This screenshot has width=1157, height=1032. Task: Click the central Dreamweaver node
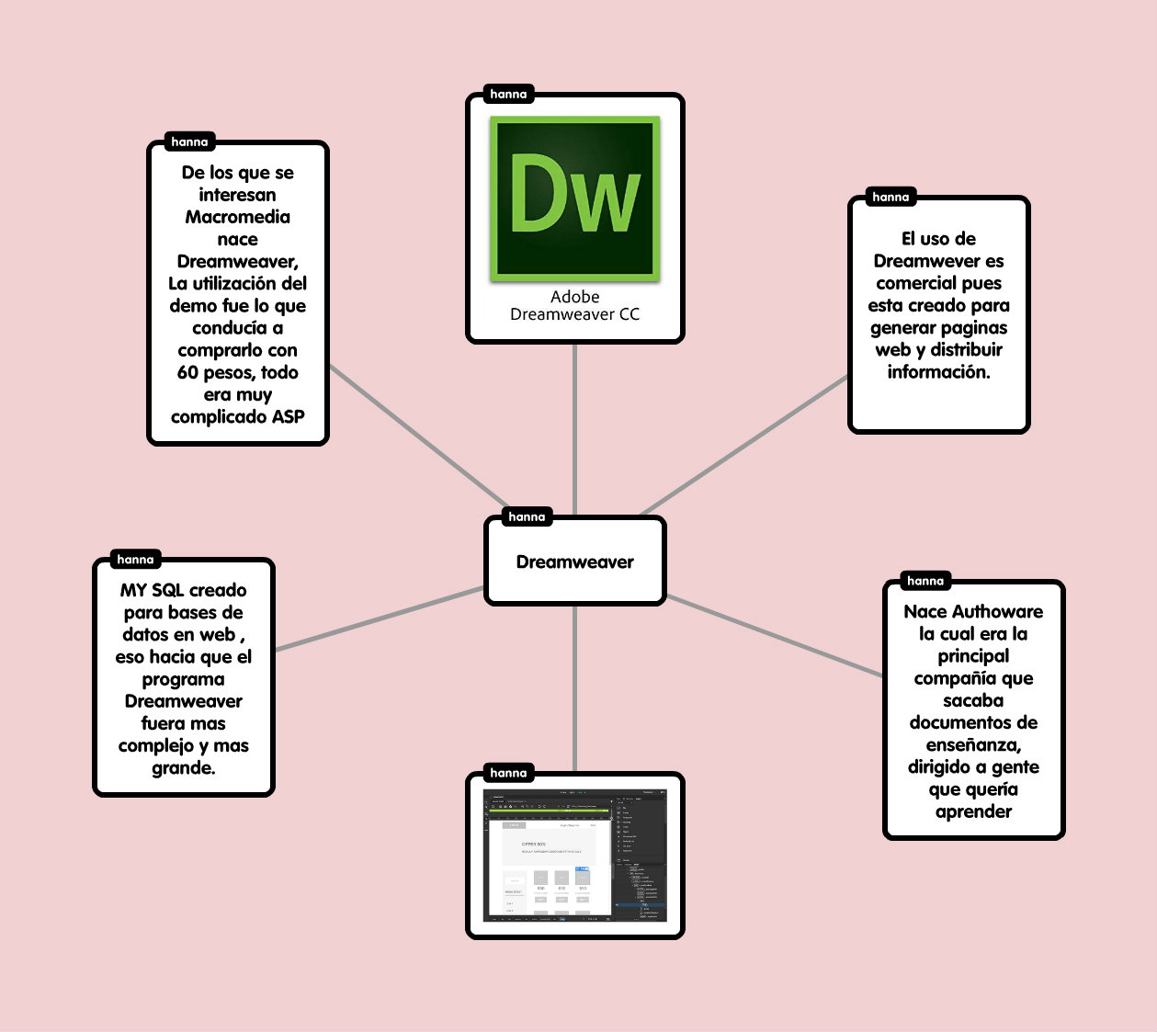pyautogui.click(x=574, y=562)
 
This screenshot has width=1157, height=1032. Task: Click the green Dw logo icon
pyautogui.click(x=575, y=198)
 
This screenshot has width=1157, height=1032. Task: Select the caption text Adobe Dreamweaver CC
pyautogui.click(x=575, y=305)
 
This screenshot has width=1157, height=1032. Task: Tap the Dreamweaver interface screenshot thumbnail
pyautogui.click(x=575, y=856)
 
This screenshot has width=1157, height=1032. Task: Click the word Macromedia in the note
pyautogui.click(x=237, y=217)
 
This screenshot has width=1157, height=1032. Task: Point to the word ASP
pyautogui.click(x=288, y=416)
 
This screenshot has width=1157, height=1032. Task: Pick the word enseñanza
pyautogui.click(x=973, y=745)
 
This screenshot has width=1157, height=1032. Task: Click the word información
pyautogui.click(x=938, y=372)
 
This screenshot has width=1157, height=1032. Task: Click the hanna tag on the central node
pyautogui.click(x=527, y=516)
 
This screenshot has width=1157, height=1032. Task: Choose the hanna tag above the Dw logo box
pyautogui.click(x=508, y=94)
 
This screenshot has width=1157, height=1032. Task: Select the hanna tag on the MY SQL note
pyautogui.click(x=135, y=559)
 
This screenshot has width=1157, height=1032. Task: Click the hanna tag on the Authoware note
pyautogui.click(x=924, y=581)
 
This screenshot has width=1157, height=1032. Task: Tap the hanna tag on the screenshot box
pyautogui.click(x=508, y=773)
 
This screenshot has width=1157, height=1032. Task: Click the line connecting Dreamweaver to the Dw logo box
pyautogui.click(x=575, y=427)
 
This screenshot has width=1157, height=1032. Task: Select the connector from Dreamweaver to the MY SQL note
pyautogui.click(x=379, y=618)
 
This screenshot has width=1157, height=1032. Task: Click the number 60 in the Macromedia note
pyautogui.click(x=187, y=372)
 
